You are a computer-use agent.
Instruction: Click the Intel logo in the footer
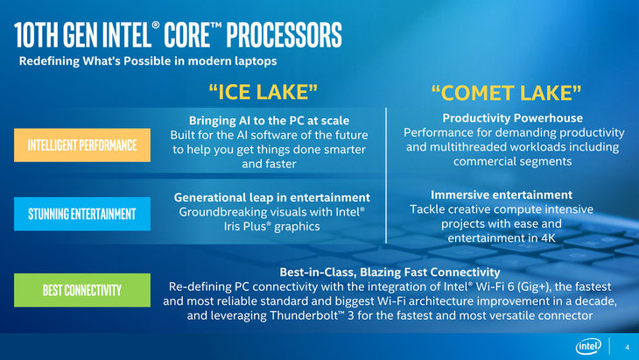(588, 347)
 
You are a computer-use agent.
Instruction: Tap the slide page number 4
(627, 348)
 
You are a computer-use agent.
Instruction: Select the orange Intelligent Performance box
(82, 145)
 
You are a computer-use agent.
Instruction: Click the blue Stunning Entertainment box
(82, 214)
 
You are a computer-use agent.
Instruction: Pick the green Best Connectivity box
(82, 290)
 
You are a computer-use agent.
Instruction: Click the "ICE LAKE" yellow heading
(263, 92)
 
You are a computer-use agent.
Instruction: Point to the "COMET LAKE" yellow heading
(506, 93)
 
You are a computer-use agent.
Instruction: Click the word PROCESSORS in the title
(284, 35)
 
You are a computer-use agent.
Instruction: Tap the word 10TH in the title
(36, 35)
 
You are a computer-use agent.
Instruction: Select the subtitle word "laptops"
(256, 61)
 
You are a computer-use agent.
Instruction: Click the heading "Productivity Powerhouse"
(513, 118)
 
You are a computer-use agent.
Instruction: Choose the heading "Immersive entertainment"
(502, 194)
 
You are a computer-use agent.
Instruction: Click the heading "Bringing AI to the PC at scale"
(269, 121)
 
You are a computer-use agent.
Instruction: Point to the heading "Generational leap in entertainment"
(272, 198)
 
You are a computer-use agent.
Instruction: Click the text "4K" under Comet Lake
(549, 238)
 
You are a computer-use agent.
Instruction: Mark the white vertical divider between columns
(386, 175)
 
